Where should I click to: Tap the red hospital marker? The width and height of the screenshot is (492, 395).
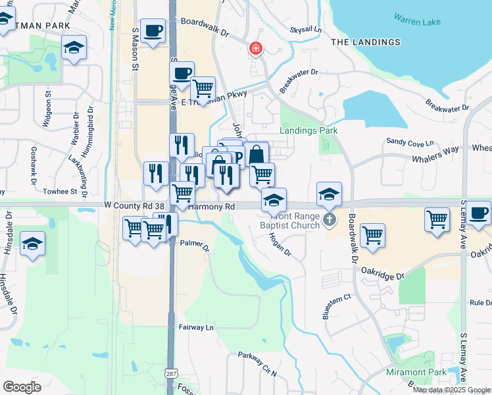(255, 48)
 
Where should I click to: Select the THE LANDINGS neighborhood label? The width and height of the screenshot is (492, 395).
(365, 42)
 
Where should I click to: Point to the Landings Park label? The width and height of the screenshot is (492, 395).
(308, 130)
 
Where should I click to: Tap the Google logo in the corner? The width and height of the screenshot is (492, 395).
(22, 386)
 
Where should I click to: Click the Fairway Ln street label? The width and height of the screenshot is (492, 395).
(196, 327)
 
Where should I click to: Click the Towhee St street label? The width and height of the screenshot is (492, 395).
(61, 192)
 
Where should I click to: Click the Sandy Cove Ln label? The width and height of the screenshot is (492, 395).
(410, 142)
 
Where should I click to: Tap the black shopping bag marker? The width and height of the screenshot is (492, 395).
(256, 155)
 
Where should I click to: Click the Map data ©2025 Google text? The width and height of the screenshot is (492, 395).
(451, 390)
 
